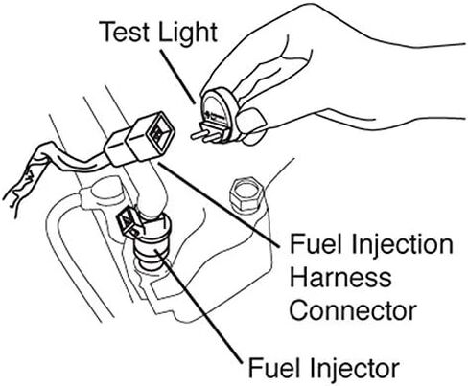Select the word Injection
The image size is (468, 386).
(x=402, y=246)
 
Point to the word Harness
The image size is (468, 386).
(x=340, y=277)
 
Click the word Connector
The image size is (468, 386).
(x=353, y=310)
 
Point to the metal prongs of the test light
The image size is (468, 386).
(x=206, y=136)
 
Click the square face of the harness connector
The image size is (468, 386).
(x=160, y=131)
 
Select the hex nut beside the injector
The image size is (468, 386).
(x=246, y=194)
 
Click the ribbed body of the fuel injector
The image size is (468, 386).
(x=152, y=252)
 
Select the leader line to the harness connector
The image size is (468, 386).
(x=219, y=205)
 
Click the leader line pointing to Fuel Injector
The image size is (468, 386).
(x=199, y=307)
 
